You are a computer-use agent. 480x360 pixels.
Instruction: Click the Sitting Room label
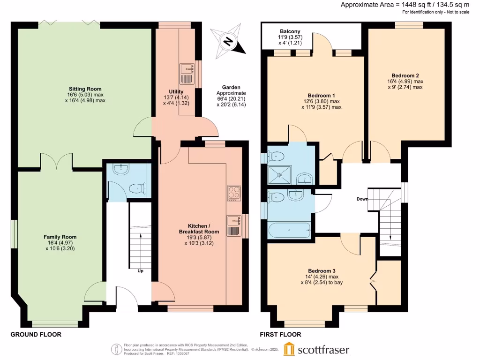pos(85,89)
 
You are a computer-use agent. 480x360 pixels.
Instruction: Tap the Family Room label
pos(60,237)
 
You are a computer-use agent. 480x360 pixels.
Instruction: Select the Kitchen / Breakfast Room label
pos(199,228)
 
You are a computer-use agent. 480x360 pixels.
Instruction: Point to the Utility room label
pos(176,91)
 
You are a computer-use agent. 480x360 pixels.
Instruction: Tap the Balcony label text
pos(290,31)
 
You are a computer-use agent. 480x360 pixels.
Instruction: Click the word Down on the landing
pos(362,199)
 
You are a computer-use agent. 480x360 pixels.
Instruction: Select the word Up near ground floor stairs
pos(140,271)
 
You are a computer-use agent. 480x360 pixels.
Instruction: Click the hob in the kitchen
pos(234,193)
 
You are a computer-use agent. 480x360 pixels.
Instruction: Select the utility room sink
pos(186,69)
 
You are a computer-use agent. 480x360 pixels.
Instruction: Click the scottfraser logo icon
pos(289,349)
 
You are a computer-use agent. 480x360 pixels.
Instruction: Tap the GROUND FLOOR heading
pos(36,335)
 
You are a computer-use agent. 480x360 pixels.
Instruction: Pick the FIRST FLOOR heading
pos(281,335)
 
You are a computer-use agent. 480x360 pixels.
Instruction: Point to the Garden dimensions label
pos(231,96)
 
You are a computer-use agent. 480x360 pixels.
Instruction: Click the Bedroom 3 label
pos(322,271)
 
